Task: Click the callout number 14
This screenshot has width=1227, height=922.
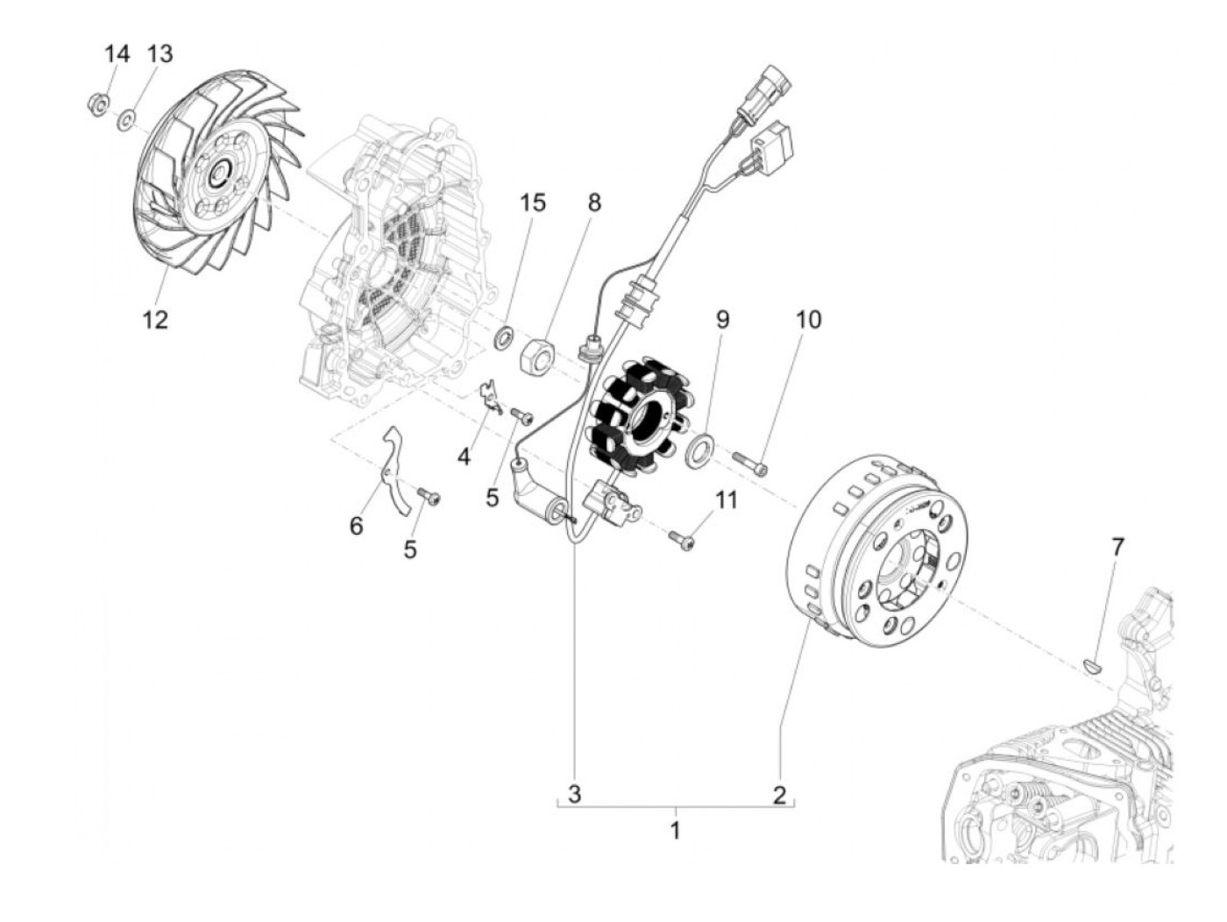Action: (117, 54)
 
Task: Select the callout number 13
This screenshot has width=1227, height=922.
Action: (160, 54)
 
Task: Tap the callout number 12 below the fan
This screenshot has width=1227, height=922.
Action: (155, 320)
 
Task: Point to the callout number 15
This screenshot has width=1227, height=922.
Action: (532, 202)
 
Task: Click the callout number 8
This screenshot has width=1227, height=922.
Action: (594, 202)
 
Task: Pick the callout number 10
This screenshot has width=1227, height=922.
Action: (808, 320)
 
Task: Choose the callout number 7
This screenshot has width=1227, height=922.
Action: (1117, 548)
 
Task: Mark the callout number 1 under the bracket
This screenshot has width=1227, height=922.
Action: (675, 830)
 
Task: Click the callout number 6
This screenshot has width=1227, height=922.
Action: (356, 526)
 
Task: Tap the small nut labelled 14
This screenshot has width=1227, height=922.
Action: (98, 106)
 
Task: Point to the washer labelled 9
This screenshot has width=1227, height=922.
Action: (699, 447)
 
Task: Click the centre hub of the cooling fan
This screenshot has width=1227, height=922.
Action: (216, 174)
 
